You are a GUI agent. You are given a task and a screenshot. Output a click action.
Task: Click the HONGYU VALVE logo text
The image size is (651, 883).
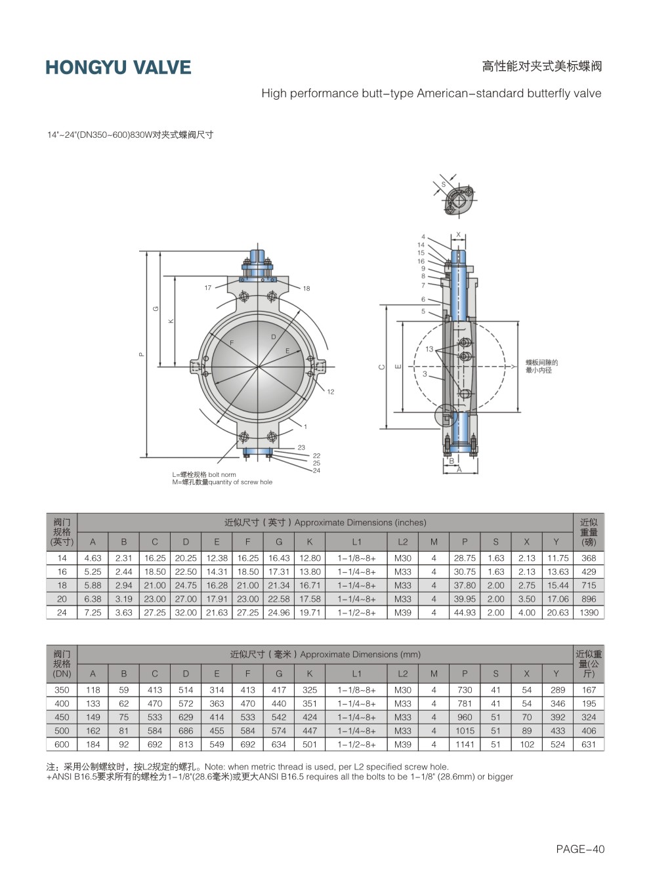[x=118, y=68]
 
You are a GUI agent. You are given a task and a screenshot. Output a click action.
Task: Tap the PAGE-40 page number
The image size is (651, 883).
[x=580, y=849]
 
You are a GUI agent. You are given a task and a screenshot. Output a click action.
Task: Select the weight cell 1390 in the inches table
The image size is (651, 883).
[x=589, y=613]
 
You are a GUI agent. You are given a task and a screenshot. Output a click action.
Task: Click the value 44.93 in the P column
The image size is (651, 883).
[x=465, y=613]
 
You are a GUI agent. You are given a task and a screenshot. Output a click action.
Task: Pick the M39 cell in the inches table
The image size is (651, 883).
[x=402, y=613]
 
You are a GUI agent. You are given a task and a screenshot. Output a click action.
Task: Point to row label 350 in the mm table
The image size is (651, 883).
[x=62, y=690]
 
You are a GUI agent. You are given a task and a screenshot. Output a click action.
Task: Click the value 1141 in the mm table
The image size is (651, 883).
[x=465, y=744]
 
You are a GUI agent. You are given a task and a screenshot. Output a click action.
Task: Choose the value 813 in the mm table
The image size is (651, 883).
[x=186, y=744]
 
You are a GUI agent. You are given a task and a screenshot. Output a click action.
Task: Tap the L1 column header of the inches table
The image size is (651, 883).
[x=356, y=542]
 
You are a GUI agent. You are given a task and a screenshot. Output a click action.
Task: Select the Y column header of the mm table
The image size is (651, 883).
[x=556, y=674]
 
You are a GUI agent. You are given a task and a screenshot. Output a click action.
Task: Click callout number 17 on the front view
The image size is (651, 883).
[x=208, y=288]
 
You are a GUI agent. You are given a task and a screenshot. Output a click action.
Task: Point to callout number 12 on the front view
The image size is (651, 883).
[x=331, y=392]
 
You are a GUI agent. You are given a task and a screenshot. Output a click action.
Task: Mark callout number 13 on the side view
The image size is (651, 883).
[x=429, y=349]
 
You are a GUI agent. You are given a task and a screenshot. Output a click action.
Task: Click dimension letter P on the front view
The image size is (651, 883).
[x=142, y=354]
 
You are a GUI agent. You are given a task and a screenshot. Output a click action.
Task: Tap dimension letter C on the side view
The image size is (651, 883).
[x=382, y=367]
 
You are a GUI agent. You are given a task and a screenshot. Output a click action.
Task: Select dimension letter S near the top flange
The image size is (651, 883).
[x=444, y=184]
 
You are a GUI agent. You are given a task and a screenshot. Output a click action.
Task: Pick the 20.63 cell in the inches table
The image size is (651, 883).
[x=558, y=613]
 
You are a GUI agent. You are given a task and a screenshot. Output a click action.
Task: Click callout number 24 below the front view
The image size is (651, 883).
[x=316, y=470]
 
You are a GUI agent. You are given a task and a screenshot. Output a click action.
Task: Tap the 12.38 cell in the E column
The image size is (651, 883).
[x=217, y=558]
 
